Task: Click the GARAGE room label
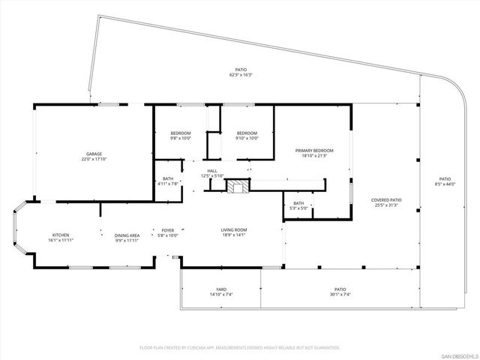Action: click(93, 154)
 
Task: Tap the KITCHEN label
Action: click(61, 235)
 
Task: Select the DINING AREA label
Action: click(127, 235)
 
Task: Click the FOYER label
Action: click(168, 230)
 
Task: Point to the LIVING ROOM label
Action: click(233, 230)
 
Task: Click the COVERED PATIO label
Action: click(386, 199)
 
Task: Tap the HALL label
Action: click(213, 171)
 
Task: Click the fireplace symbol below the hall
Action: click(238, 187)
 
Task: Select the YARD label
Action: click(221, 289)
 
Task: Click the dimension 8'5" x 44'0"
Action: click(445, 184)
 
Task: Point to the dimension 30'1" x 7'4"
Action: click(340, 294)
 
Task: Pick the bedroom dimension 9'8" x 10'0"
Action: click(181, 138)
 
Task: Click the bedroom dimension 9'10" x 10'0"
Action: click(247, 138)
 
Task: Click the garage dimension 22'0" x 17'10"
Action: click(93, 159)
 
